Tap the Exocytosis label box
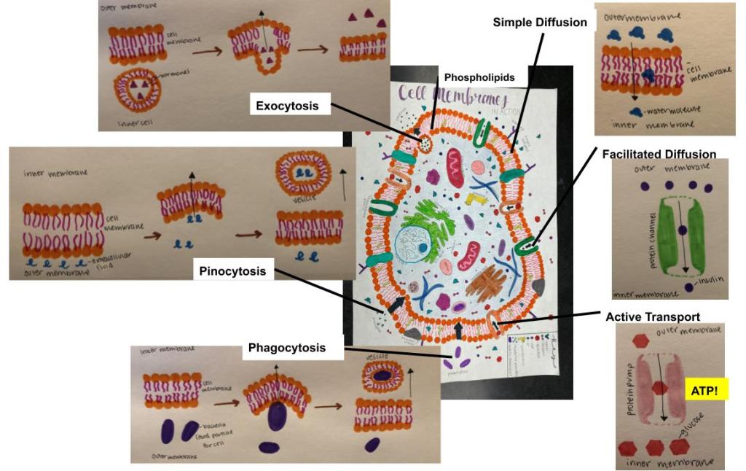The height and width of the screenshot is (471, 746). pyautogui.click(x=287, y=106)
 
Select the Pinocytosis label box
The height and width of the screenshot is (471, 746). pyautogui.click(x=233, y=271)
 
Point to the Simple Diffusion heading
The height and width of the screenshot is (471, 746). pyautogui.click(x=540, y=23)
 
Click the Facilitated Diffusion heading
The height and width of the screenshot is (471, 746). pyautogui.click(x=659, y=155)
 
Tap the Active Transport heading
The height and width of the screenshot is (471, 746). pyautogui.click(x=653, y=317)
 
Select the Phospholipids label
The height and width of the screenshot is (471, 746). pyautogui.click(x=479, y=77)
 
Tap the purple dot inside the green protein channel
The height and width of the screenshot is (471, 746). pyautogui.click(x=681, y=230)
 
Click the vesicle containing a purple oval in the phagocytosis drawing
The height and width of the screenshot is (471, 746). pyautogui.click(x=383, y=374)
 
